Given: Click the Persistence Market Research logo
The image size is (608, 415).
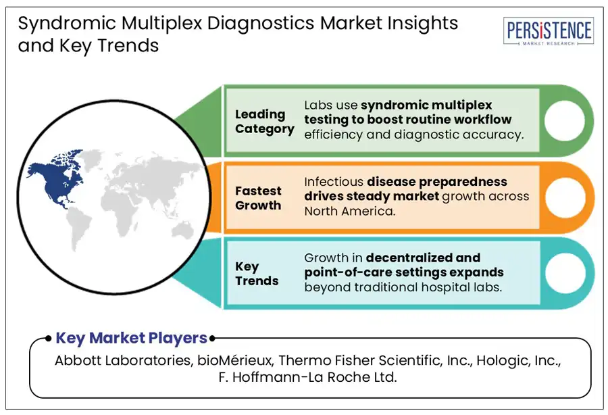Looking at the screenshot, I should pyautogui.click(x=549, y=32).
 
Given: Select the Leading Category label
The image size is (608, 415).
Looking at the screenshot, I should pyautogui.click(x=264, y=122).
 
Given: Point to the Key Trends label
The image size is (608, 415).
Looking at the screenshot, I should pyautogui.click(x=257, y=273).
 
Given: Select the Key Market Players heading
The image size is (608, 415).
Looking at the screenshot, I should pyautogui.click(x=131, y=338).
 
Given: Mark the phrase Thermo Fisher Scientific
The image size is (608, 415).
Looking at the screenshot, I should pyautogui.click(x=357, y=361).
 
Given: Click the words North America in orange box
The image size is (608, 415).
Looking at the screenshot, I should pyautogui.click(x=350, y=211).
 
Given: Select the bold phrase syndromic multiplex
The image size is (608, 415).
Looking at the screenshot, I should pyautogui.click(x=426, y=105).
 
